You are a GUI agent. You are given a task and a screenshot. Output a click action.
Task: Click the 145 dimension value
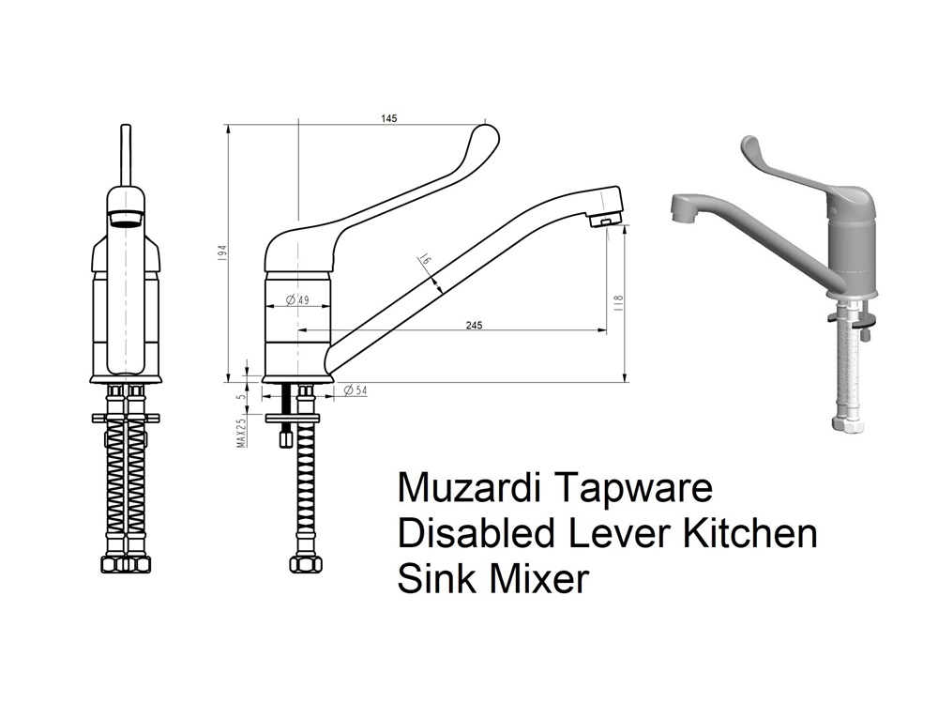389,119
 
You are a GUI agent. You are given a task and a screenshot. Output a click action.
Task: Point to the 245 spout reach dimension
473,326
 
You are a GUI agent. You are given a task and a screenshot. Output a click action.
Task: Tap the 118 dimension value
619,303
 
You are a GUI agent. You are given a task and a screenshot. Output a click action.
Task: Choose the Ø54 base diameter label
355,390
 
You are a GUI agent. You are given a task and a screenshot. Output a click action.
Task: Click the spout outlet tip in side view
606,222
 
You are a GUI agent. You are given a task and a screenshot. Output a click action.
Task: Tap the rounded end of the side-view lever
486,132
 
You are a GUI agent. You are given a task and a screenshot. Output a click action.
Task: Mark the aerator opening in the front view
127,220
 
